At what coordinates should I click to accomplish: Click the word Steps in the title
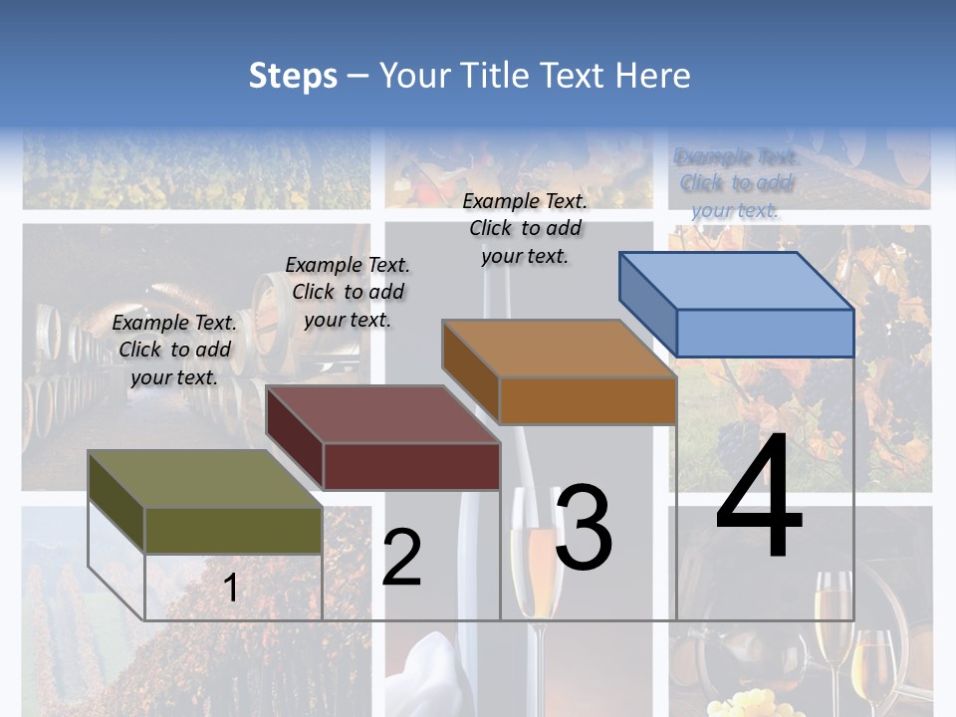293,76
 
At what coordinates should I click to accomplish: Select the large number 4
759,499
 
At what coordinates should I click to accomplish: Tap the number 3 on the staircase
584,530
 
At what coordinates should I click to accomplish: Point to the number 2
401,559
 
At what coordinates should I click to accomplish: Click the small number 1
231,589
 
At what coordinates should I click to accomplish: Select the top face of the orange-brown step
559,349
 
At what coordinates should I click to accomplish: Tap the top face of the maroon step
382,414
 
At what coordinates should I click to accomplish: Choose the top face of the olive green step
205,479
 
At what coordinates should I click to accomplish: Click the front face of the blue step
765,333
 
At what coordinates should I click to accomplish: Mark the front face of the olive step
233,530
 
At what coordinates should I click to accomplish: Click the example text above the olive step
174,351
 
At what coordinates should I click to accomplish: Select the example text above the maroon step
348,292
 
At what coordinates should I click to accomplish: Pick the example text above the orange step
525,228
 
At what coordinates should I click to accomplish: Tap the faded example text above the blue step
736,183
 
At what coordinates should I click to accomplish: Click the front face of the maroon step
411,466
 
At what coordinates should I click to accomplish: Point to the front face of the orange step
588,400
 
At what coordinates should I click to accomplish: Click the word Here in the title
653,76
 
